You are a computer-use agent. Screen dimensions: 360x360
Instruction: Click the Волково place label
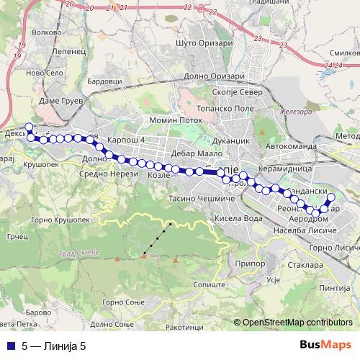[x=47, y=32]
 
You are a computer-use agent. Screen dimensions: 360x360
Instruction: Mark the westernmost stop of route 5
[x=29, y=127]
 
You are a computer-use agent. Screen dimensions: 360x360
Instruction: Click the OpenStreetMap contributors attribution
[x=298, y=322]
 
